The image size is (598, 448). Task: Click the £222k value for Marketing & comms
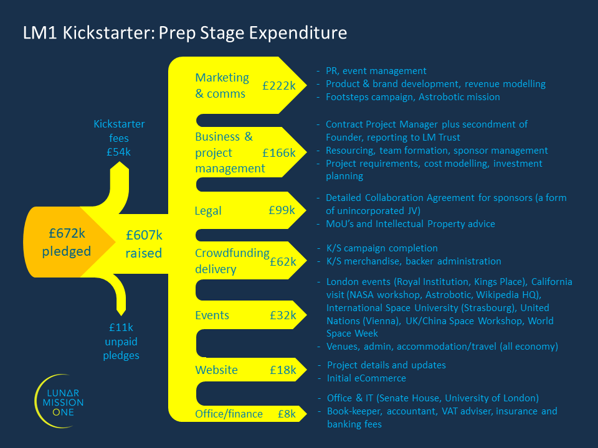pyautogui.click(x=279, y=86)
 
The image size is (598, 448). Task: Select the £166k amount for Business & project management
pyautogui.click(x=279, y=152)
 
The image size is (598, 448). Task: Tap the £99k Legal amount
pyautogui.click(x=282, y=210)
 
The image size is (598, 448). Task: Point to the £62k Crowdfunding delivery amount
pyautogui.click(x=283, y=262)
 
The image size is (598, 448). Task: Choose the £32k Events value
pyautogui.click(x=283, y=315)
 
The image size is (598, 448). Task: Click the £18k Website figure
pyautogui.click(x=283, y=370)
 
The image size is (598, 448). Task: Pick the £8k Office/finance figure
pyautogui.click(x=286, y=414)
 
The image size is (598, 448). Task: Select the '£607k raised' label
pyautogui.click(x=144, y=244)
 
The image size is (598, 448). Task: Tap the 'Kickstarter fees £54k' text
pyautogui.click(x=119, y=138)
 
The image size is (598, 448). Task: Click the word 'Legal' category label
pyautogui.click(x=208, y=211)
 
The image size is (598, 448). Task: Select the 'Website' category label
pyautogui.click(x=216, y=370)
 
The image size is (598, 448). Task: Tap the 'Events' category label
pyautogui.click(x=212, y=315)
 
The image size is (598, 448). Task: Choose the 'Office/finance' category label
pyautogui.click(x=229, y=414)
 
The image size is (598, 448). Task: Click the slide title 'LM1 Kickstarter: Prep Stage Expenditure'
pyautogui.click(x=185, y=32)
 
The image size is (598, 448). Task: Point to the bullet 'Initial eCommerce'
pyautogui.click(x=366, y=378)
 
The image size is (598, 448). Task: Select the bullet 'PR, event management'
pyautogui.click(x=376, y=71)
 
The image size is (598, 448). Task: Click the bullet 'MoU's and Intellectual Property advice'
pyautogui.click(x=410, y=224)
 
